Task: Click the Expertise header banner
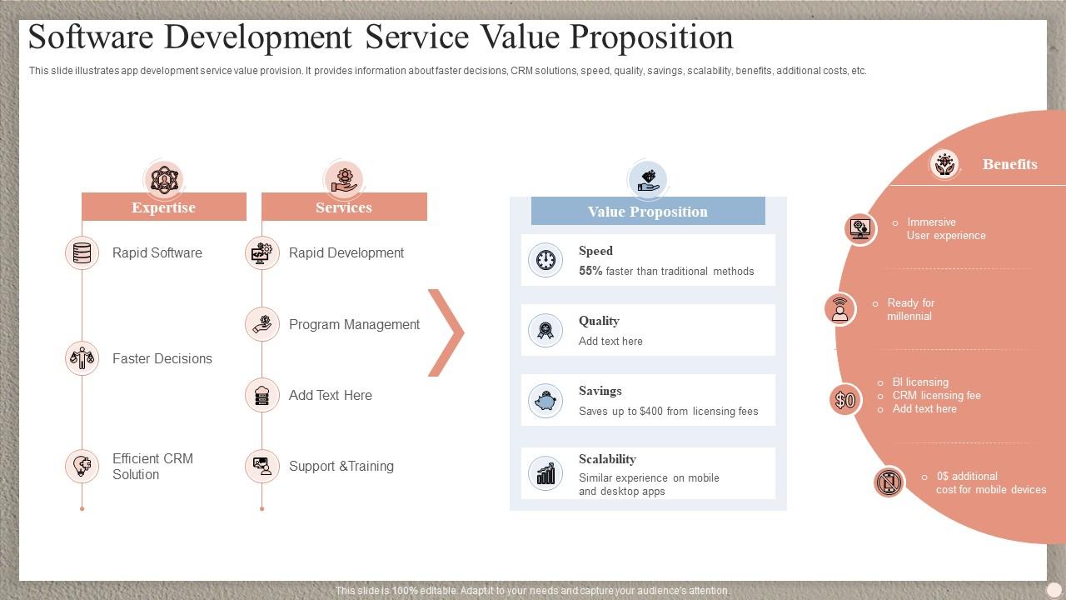coord(163,207)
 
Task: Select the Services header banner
coord(344,207)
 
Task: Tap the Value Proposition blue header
coord(648,212)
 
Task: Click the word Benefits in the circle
coord(1009,164)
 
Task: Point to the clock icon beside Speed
coord(545,260)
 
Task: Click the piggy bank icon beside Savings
coord(545,401)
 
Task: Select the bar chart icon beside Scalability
coord(545,474)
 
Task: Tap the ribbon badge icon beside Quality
coord(545,331)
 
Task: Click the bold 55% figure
coord(590,271)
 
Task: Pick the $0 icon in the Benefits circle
coord(844,400)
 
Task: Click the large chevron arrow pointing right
coord(446,332)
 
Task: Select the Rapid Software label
coord(157,253)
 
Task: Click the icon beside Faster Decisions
coord(82,358)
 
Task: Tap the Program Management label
coord(354,325)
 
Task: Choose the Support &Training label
coord(341,467)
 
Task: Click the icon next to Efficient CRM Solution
coord(82,466)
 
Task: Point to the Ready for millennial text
coord(910,310)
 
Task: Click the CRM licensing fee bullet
coord(936,396)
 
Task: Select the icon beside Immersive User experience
coord(859,228)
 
